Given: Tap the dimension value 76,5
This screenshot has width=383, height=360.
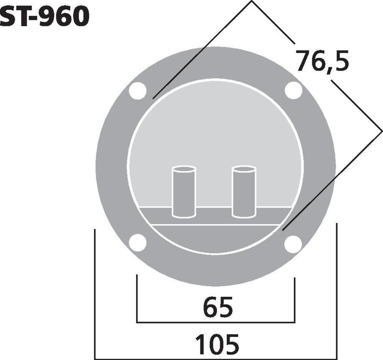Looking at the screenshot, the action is tap(322, 61).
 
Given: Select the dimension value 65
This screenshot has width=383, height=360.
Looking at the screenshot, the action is tap(218, 308).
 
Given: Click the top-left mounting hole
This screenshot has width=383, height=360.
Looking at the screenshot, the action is tap(138, 91).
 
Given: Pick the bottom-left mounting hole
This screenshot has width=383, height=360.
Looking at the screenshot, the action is tap(138, 243).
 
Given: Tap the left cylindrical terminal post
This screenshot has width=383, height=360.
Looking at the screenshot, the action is tap(184, 192).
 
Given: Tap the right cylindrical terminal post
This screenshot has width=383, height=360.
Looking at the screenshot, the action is tap(244, 192).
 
